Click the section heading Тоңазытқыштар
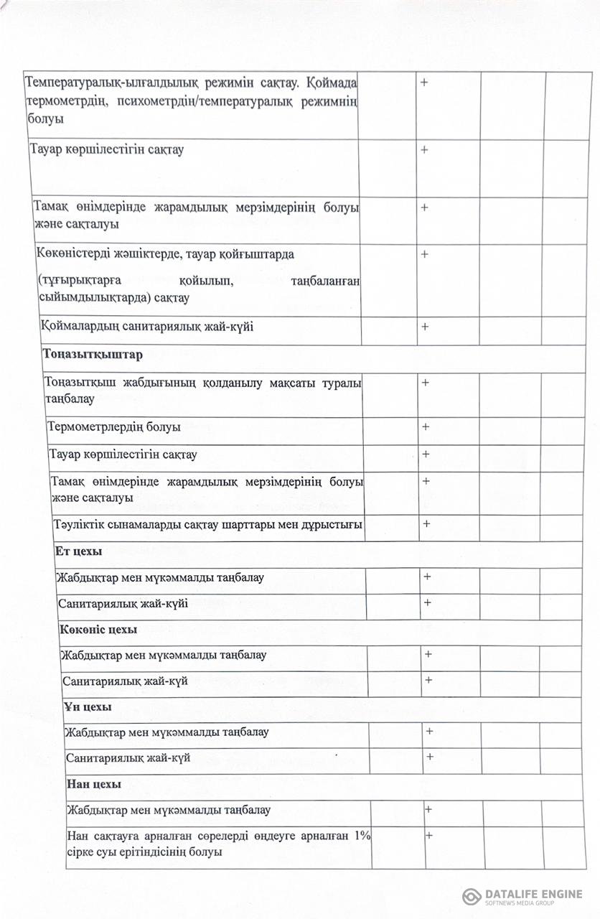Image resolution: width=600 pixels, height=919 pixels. tap(93, 355)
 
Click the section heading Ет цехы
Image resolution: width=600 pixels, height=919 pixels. tap(78, 551)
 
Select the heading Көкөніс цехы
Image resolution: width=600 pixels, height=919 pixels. tap(98, 630)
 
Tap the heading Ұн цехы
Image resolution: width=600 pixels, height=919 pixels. tap(88, 707)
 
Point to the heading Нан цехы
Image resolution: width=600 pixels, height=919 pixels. tap(93, 784)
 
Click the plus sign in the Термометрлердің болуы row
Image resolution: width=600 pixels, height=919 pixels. tap(426, 426)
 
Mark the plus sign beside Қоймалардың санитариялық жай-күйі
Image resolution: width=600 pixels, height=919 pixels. tap(425, 327)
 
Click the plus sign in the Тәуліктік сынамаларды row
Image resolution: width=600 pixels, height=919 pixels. tap(426, 523)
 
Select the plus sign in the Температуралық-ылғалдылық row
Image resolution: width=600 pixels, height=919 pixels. tap(424, 83)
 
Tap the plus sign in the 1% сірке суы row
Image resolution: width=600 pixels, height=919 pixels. tap(429, 835)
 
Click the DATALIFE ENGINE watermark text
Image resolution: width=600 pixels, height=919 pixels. tap(534, 894)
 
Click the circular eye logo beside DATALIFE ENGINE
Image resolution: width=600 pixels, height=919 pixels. tap(472, 896)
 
